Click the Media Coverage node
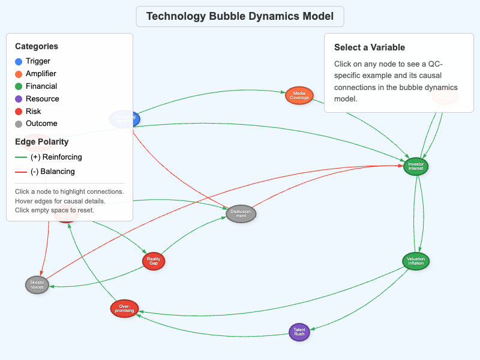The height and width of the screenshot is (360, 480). [x=299, y=95]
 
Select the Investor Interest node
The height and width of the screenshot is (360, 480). [x=416, y=166]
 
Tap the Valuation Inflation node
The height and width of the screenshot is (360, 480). [x=416, y=261]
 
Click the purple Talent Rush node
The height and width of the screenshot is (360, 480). [x=299, y=332]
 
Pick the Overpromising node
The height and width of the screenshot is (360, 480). [x=125, y=308]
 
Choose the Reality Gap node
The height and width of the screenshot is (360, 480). [x=154, y=261]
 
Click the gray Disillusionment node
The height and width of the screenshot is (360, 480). [x=241, y=214]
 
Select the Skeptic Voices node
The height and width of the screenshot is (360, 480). [x=37, y=284]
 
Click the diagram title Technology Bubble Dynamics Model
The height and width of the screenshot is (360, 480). [x=239, y=16]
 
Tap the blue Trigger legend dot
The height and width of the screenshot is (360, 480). [x=19, y=61]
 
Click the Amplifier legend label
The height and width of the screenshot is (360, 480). [x=41, y=74]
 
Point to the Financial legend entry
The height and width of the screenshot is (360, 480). [x=41, y=86]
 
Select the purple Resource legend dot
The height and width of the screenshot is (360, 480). [x=19, y=99]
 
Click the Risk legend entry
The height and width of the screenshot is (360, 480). [x=33, y=112]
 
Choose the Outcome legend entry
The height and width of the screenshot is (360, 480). [x=41, y=124]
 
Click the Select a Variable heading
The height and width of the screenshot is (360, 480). [x=370, y=47]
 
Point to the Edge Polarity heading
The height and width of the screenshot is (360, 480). [x=41, y=142]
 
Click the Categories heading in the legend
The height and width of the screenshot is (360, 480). [x=37, y=46]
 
